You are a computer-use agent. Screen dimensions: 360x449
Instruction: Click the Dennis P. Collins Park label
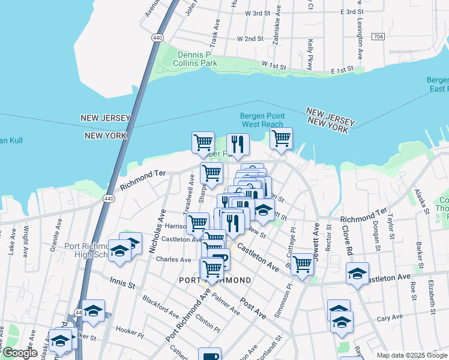(x=196, y=58)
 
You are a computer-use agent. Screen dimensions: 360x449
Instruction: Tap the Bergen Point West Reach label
(x=261, y=120)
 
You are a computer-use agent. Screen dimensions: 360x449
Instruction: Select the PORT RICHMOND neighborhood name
(x=215, y=280)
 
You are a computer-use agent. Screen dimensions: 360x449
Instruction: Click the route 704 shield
(x=378, y=37)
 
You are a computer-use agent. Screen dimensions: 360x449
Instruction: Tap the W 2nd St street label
(x=250, y=38)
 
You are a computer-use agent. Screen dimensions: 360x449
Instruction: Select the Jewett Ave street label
(x=316, y=237)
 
